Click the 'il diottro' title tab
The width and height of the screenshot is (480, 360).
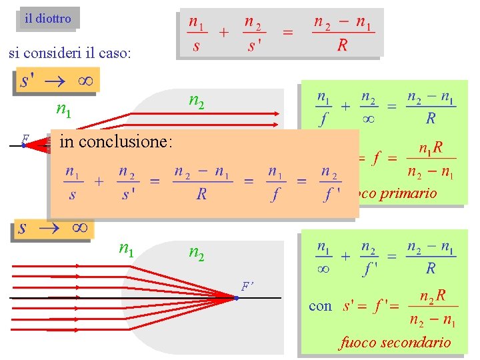click(47, 19)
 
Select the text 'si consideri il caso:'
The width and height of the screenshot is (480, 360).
click(70, 53)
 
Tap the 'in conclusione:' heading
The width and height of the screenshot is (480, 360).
click(116, 141)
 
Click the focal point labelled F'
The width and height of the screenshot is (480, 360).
click(236, 297)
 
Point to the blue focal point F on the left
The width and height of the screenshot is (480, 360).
click(23, 145)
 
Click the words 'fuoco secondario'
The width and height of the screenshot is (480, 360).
click(395, 343)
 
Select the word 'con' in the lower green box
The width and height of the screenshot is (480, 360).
click(320, 306)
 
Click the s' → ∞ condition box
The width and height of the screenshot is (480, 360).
click(57, 81)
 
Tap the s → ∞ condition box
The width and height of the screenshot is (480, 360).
click(53, 228)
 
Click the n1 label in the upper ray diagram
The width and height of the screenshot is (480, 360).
click(64, 109)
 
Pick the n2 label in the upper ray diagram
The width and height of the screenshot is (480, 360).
click(196, 101)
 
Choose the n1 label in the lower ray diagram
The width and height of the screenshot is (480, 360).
click(126, 249)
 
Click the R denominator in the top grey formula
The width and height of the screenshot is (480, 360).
click(342, 45)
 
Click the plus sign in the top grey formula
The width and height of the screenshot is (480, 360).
click(224, 32)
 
